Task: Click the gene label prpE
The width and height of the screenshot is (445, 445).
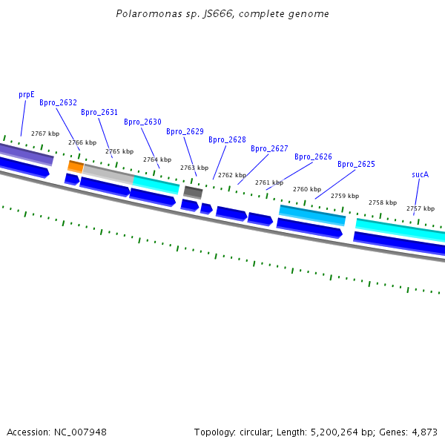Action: coord(27,95)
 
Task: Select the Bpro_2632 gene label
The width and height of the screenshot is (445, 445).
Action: coord(58,103)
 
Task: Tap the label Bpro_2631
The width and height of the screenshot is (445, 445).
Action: coord(99,113)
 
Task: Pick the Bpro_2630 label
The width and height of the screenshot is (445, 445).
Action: coord(142,122)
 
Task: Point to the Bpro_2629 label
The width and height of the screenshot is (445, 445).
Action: coord(185,132)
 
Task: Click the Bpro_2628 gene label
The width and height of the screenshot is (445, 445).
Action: coord(227,140)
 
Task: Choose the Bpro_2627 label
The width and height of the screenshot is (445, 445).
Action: coord(269,149)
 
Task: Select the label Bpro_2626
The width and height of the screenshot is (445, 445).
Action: coord(313,157)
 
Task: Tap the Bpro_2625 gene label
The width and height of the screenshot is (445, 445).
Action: coord(356,165)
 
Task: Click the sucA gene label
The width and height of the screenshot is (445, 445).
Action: coord(420,175)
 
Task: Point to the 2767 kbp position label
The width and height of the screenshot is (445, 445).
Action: coord(45,133)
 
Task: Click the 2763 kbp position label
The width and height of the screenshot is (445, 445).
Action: coord(194,168)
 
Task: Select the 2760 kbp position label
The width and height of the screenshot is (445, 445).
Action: coord(307,190)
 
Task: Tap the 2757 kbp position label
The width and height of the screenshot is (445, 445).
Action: coord(420,209)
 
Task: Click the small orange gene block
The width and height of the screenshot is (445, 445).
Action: coord(76,166)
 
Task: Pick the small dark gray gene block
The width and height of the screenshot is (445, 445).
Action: coord(193,192)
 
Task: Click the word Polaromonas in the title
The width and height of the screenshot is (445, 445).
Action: coord(145,14)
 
